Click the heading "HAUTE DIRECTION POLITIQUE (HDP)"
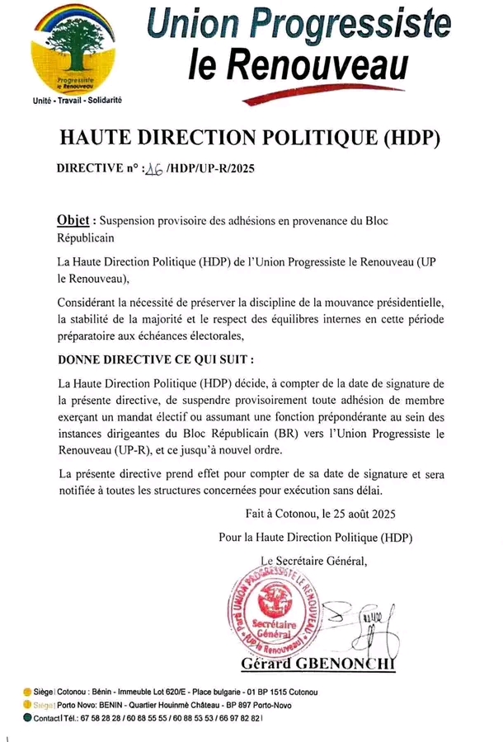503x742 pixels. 251,137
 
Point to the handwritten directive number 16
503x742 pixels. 154,169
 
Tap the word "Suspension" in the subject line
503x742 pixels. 131,222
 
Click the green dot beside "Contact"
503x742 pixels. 27,718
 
